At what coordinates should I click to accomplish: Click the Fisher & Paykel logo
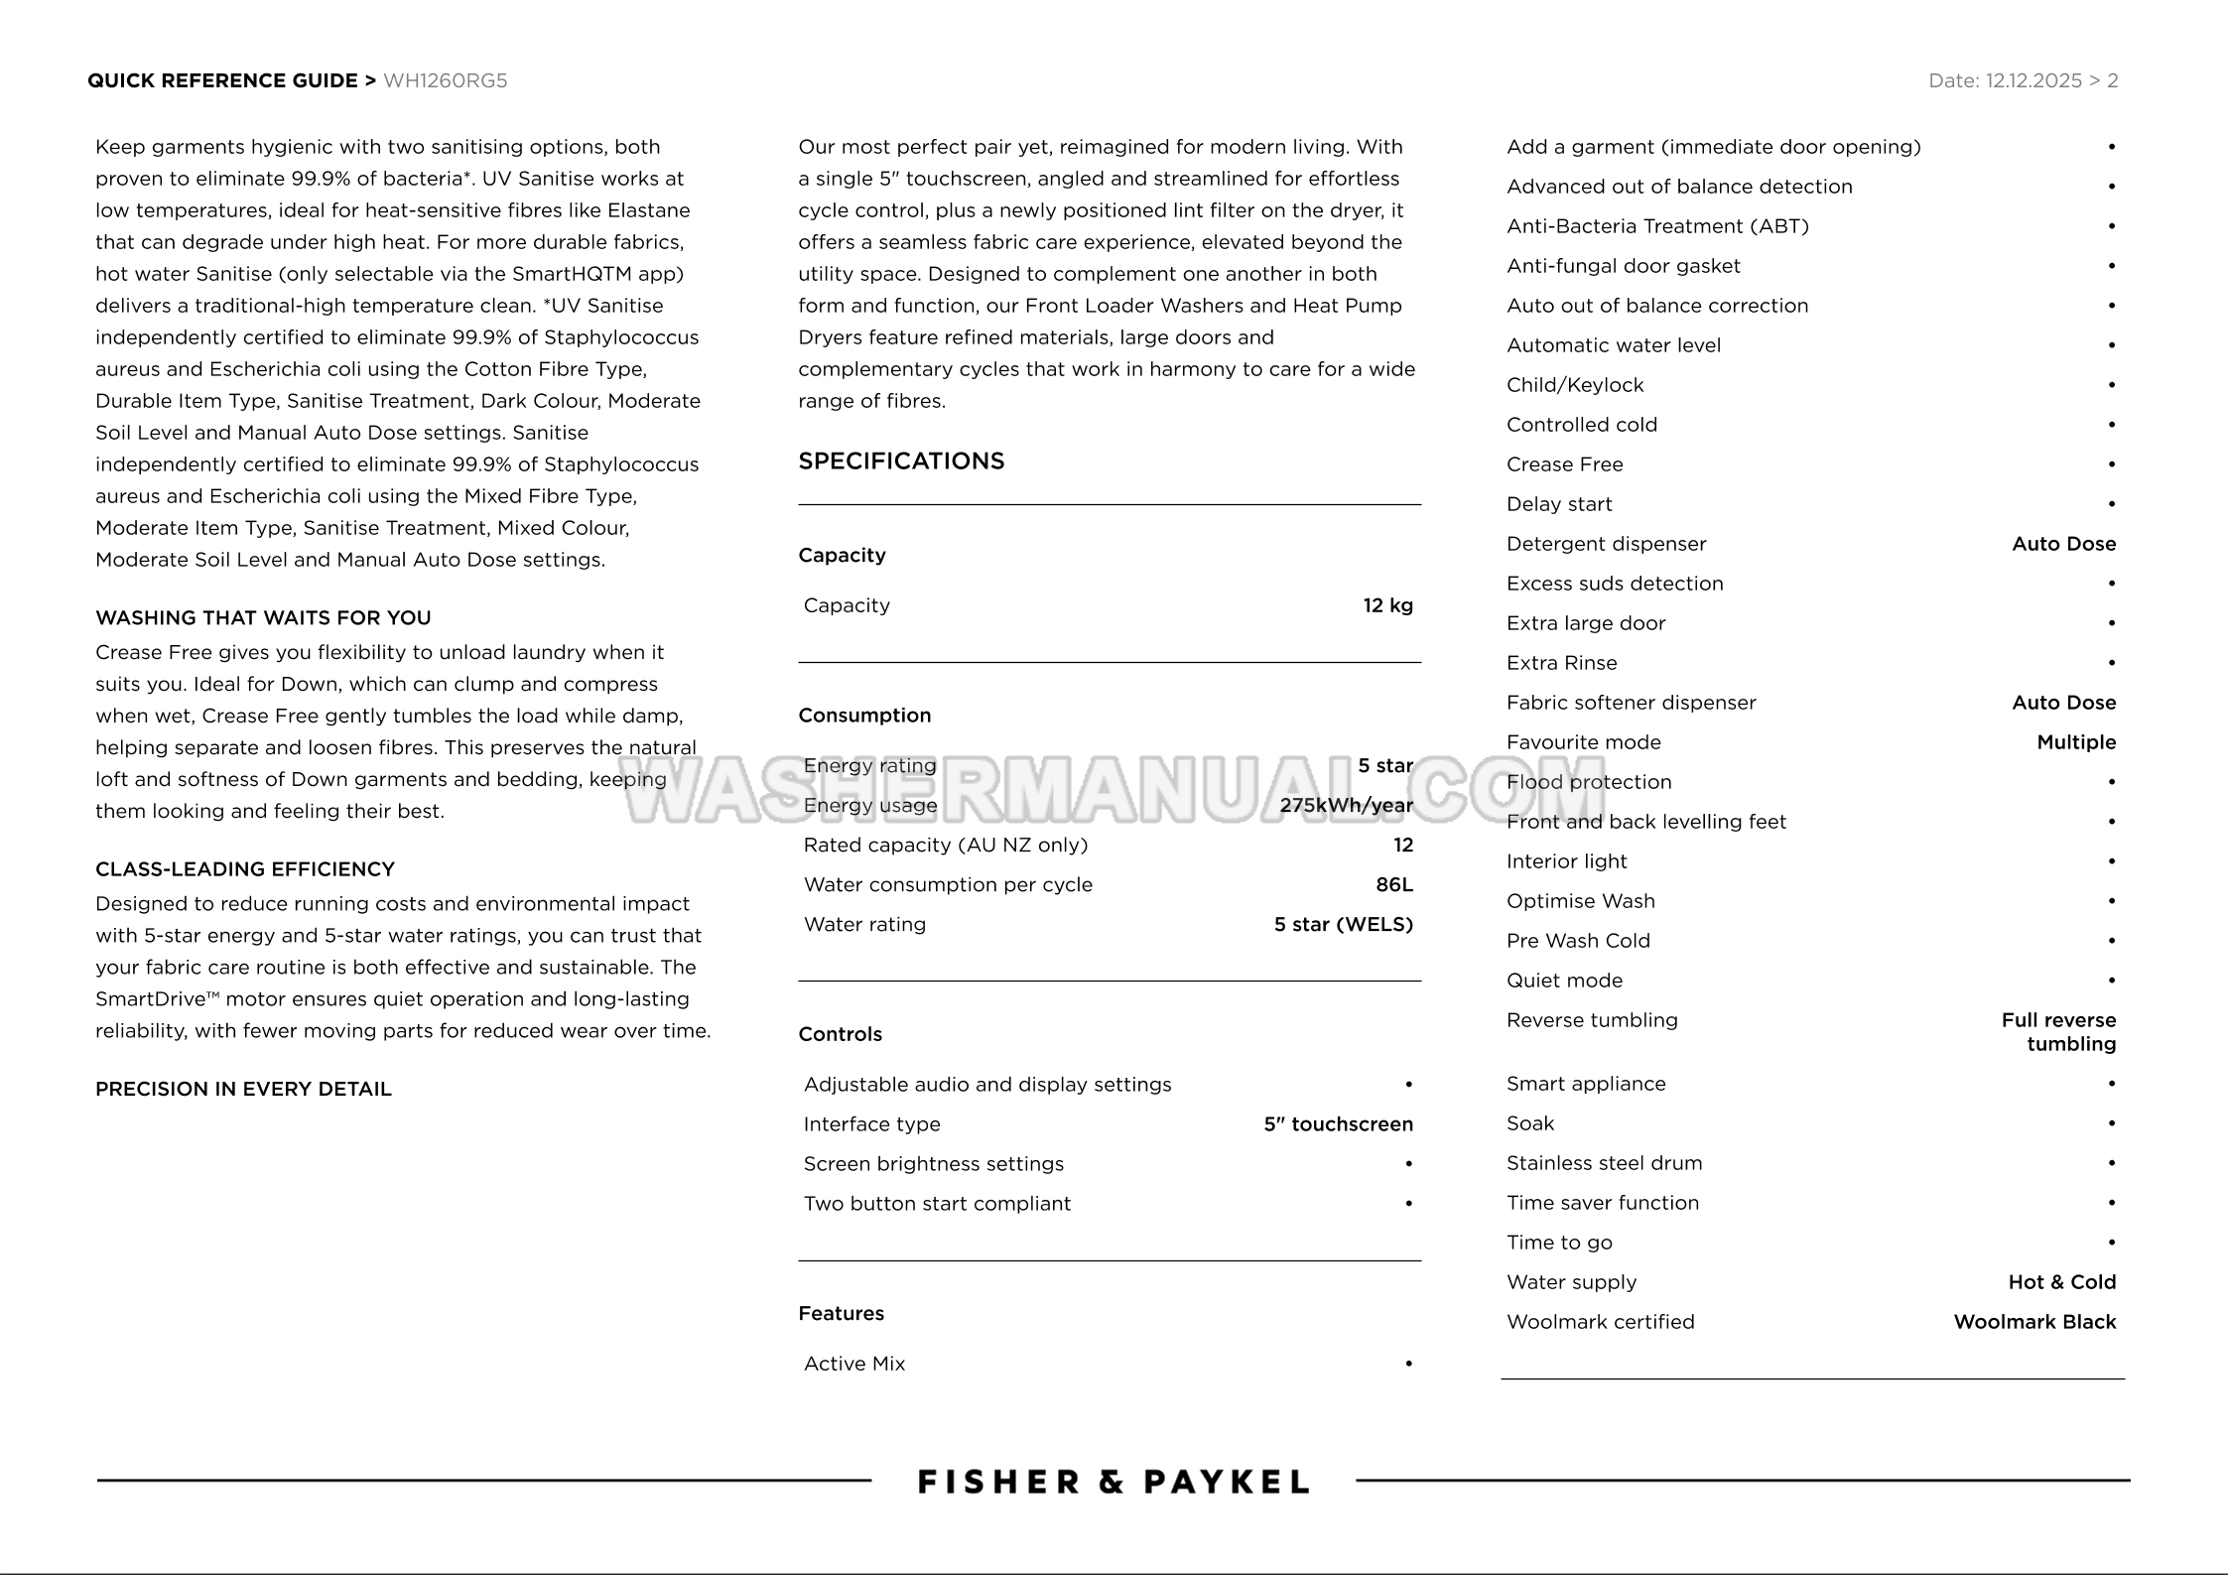coord(1113,1482)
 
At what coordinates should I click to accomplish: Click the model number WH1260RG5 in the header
coord(445,81)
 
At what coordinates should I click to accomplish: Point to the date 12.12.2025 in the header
coord(2032,81)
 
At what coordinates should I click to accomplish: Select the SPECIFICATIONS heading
coord(901,460)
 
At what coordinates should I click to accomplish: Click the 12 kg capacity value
coord(1387,605)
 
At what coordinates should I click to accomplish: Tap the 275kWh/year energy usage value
coord(1346,805)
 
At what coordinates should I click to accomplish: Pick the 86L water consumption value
coord(1393,884)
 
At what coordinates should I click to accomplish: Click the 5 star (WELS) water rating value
coord(1343,924)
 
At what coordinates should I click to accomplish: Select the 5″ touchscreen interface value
coord(1338,1124)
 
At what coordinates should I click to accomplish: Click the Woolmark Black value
coord(2034,1322)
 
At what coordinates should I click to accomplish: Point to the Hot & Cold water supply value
coord(2061,1282)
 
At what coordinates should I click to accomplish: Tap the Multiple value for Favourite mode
coord(2076,742)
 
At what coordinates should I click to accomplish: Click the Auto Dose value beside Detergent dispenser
coord(2063,544)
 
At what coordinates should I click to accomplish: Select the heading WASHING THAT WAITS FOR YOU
coord(263,618)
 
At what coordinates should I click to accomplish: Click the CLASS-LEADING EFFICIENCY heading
coord(245,869)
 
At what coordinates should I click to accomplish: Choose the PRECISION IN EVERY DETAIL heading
coord(243,1089)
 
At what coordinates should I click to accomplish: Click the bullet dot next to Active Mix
coord(1408,1364)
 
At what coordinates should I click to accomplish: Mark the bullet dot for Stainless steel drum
coord(2111,1163)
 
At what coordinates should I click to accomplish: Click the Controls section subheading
coord(840,1034)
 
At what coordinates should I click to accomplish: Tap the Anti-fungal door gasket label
coord(1623,266)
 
